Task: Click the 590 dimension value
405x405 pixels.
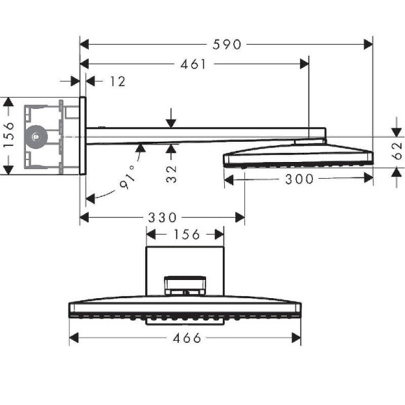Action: tap(226, 45)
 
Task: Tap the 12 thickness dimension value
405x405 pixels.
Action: tap(117, 82)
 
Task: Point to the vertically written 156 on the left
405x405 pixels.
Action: tap(9, 136)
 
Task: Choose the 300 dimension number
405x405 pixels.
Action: tap(299, 179)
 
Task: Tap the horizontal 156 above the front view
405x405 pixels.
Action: tap(186, 234)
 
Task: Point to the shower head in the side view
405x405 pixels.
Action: tap(297, 156)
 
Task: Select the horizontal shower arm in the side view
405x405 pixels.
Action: tap(202, 133)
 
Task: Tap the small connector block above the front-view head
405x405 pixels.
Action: tap(185, 286)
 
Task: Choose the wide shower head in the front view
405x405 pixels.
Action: tap(185, 309)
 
